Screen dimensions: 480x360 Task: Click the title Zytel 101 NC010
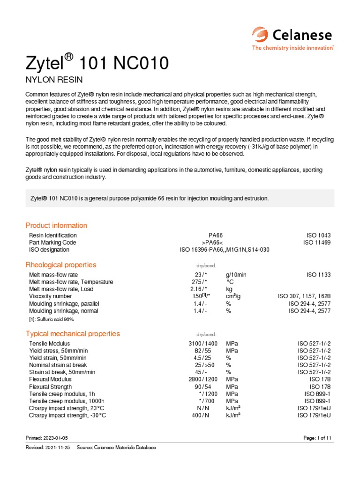97,62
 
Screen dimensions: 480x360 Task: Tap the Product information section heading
56,225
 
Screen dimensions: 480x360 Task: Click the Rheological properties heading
61,265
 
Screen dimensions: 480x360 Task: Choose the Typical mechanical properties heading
73,334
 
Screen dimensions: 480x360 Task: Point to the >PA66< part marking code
215,243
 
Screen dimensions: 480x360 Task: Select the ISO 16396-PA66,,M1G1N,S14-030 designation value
225,250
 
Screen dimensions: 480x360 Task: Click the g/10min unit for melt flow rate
236,275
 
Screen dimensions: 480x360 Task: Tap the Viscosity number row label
50,297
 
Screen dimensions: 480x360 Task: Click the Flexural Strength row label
51,387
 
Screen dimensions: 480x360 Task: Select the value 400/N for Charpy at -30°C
201,416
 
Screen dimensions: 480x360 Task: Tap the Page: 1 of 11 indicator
318,438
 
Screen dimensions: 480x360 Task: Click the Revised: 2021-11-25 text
48,448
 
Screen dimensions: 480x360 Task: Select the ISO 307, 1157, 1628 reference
305,297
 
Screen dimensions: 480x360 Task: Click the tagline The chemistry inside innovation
292,48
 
